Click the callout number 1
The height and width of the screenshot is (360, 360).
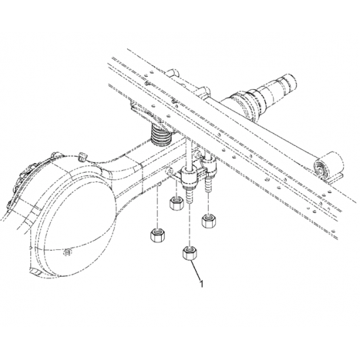coord(202,285)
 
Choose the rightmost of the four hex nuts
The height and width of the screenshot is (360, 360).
coord(209,220)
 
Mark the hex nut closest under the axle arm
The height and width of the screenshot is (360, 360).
coord(175,204)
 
